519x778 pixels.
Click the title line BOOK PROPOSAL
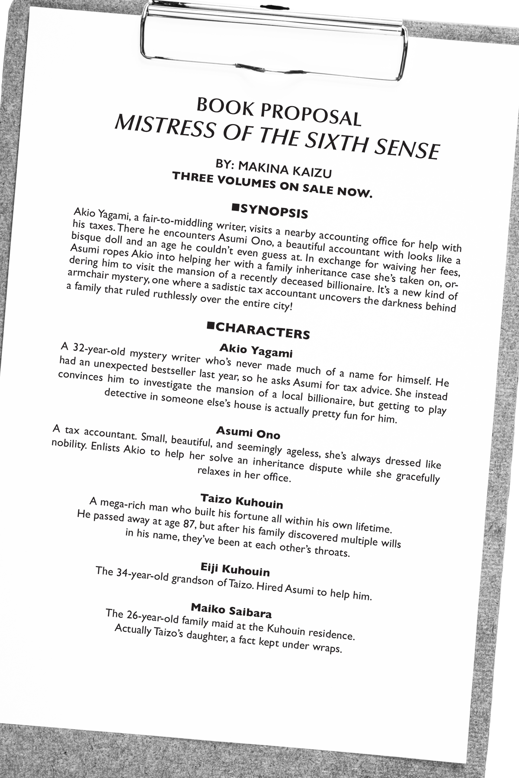[279, 112]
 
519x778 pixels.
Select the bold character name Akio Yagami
[256, 351]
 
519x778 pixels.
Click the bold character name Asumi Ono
[248, 432]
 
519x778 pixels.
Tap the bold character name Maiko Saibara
[231, 610]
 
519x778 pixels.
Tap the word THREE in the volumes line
[191, 178]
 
